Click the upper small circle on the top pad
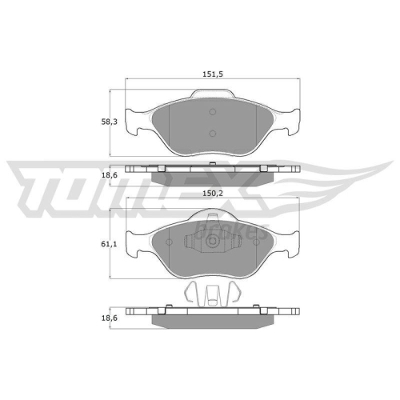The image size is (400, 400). tap(212, 114)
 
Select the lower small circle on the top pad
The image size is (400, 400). tap(212, 134)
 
